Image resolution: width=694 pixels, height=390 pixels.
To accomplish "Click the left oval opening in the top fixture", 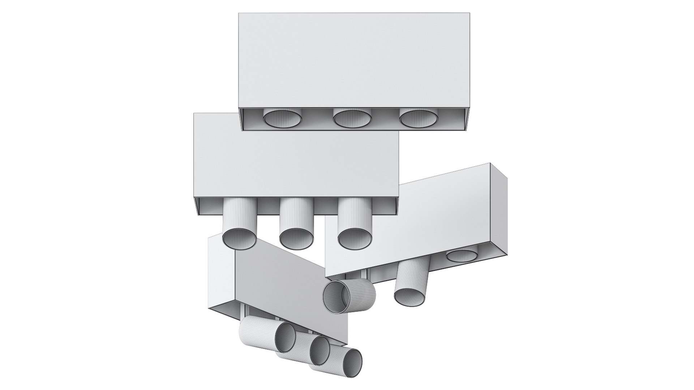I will (x=282, y=119).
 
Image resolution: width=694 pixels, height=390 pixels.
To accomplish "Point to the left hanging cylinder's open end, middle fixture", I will (x=239, y=239).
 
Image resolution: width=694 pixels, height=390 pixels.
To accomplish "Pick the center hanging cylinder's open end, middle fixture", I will (x=296, y=239).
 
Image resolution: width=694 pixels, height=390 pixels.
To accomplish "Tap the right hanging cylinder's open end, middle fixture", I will (x=355, y=239).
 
